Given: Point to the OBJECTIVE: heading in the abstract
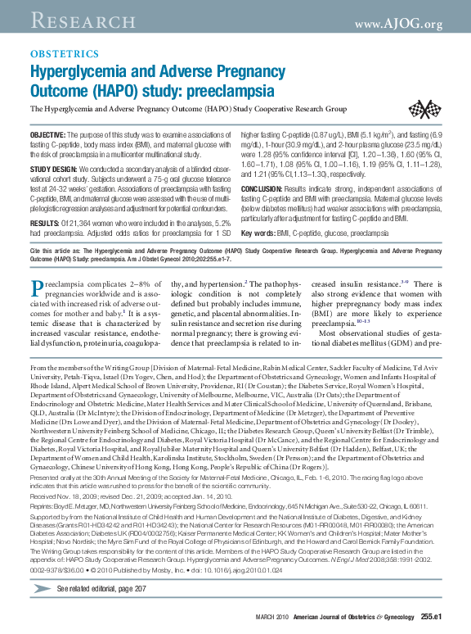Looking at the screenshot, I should (x=48, y=134).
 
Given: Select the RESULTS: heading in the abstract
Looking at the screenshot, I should (x=44, y=201).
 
